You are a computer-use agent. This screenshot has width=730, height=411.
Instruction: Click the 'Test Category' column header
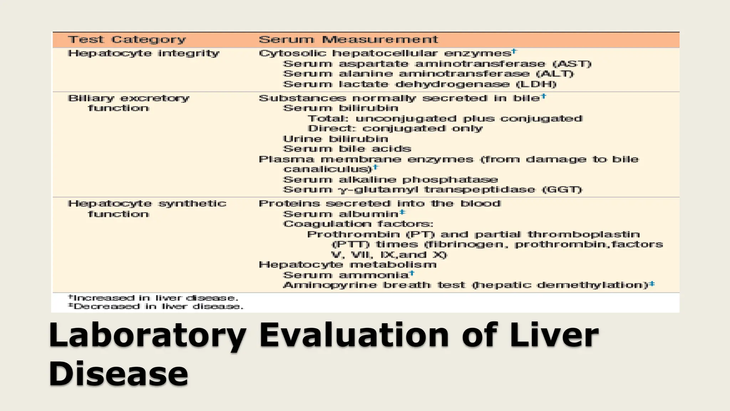click(x=127, y=40)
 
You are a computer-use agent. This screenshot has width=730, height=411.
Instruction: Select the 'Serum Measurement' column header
click(x=348, y=40)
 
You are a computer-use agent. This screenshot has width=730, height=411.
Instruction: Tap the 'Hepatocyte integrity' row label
click(x=144, y=54)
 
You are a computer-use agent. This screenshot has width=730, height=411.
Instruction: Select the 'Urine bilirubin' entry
click(x=335, y=139)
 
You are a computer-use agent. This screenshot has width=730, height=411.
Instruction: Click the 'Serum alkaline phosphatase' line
click(x=390, y=179)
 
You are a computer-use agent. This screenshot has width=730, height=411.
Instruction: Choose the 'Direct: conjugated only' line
click(x=395, y=128)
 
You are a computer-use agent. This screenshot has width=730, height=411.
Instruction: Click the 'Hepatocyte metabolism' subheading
click(x=348, y=265)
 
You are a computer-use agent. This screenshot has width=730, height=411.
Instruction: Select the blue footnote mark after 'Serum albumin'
click(x=402, y=212)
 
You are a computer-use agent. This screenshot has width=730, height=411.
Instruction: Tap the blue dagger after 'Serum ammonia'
click(x=412, y=273)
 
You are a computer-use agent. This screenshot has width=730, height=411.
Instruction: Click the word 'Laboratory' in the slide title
click(x=147, y=335)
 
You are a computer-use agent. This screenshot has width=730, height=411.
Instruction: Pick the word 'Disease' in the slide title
click(x=118, y=374)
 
